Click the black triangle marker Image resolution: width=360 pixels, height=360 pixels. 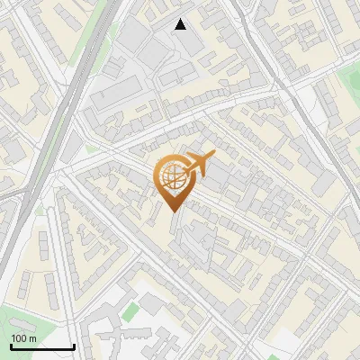[x=181, y=24]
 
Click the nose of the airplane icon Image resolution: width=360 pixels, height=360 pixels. [x=213, y=155]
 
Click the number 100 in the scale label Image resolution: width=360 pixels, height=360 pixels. [x=18, y=338]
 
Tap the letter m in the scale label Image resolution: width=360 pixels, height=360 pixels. [x=31, y=338]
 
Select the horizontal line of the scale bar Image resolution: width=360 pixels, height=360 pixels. [x=41, y=347]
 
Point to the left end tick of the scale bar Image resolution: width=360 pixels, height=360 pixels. [x=10, y=346]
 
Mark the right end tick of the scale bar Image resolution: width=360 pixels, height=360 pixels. [x=73, y=346]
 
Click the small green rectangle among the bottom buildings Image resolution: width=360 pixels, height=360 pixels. [x=131, y=312]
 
